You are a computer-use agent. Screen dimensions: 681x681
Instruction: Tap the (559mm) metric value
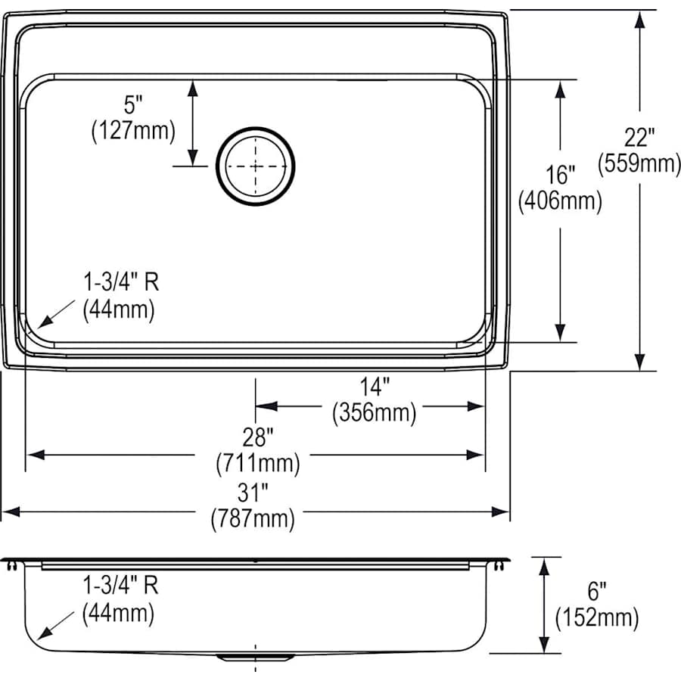(639, 163)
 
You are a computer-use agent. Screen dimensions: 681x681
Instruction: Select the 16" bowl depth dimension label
(560, 176)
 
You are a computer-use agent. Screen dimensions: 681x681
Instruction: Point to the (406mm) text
(560, 201)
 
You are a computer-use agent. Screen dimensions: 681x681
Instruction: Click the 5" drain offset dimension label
(134, 106)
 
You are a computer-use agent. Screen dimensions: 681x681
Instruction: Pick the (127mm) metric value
(133, 132)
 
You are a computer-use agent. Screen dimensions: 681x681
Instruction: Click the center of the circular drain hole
(256, 166)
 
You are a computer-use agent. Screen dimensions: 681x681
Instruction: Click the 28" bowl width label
(257, 437)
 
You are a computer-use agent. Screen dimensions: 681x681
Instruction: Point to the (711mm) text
(257, 462)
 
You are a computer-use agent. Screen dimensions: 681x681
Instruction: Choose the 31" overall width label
(253, 493)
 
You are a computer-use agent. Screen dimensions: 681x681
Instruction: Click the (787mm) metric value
(253, 519)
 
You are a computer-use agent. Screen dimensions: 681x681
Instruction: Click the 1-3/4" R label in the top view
(120, 283)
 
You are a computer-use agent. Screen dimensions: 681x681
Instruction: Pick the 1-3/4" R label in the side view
(120, 586)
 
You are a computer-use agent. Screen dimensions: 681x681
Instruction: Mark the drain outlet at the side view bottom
(255, 657)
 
